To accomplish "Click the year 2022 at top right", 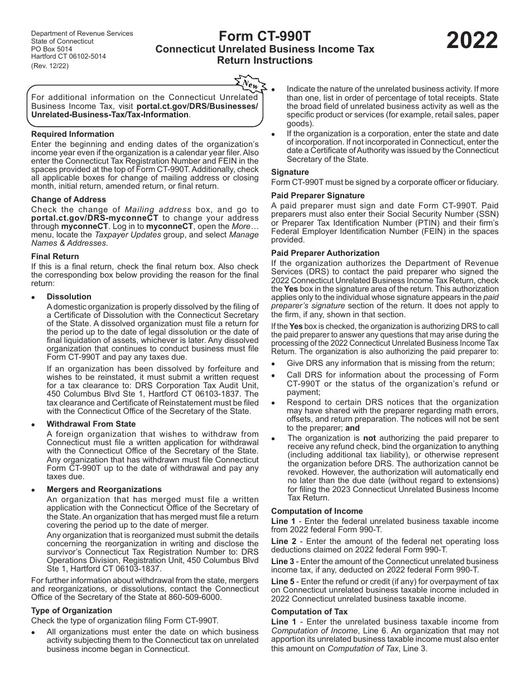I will pos(472,41).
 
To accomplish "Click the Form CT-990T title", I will pos(265,36).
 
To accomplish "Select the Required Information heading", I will pos(73,134).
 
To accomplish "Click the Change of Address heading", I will pos(69,199).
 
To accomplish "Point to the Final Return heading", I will pos(55,256).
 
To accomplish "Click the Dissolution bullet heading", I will pos(69,297).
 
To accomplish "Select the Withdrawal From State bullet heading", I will pos(91,424).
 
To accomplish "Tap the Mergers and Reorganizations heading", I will pos(104,489).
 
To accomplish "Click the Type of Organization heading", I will pos(71,610).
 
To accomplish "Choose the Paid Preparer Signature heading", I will pos(317,195).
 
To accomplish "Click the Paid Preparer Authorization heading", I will pos(325,253).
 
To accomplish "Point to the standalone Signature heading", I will pos(290,172).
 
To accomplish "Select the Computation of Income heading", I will pos(317,511).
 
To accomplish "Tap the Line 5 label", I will pos(282,581).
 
